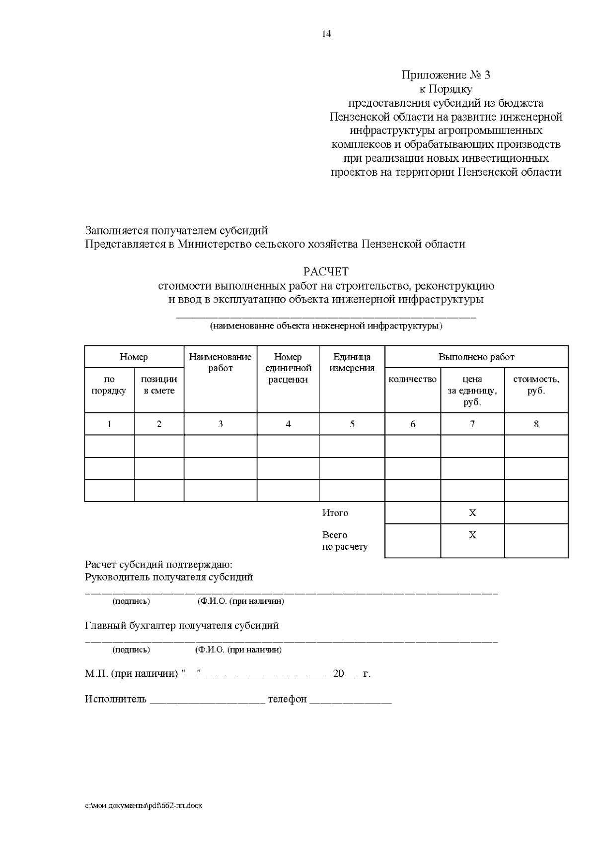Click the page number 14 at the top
point(326,34)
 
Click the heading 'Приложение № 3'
point(446,75)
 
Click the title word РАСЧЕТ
point(326,272)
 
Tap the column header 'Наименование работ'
point(220,362)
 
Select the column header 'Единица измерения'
point(352,362)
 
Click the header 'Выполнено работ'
point(476,357)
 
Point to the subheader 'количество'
point(412,380)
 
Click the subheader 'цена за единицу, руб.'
point(472,390)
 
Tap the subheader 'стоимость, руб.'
point(536,385)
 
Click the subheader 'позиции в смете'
point(159,385)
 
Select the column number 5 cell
point(352,424)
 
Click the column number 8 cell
point(536,424)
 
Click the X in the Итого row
point(472,513)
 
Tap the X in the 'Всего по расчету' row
point(472,535)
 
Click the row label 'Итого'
point(335,513)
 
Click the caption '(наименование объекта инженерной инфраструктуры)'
point(326,326)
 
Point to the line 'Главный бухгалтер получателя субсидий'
point(182,626)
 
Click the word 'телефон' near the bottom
point(287,699)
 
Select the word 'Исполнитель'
point(115,699)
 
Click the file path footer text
point(144,806)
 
